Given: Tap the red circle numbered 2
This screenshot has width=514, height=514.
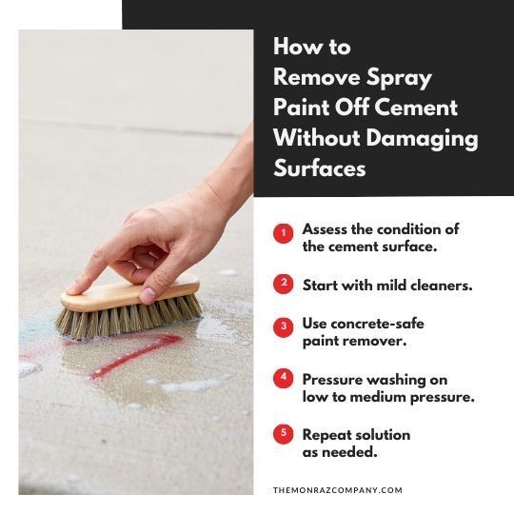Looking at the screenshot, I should point(284,284).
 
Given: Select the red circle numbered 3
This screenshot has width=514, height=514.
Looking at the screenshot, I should point(284,326).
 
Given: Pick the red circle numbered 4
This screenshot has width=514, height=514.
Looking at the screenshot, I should point(284,378).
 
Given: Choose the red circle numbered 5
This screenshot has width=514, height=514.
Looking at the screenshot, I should point(284,434).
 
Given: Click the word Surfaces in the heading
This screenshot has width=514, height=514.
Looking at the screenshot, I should point(320,168).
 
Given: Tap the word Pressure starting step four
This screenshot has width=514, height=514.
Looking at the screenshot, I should point(334,379).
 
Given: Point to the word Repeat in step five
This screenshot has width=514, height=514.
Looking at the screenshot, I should point(328,434).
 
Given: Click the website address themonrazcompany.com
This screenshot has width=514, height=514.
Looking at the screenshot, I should point(337,490).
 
